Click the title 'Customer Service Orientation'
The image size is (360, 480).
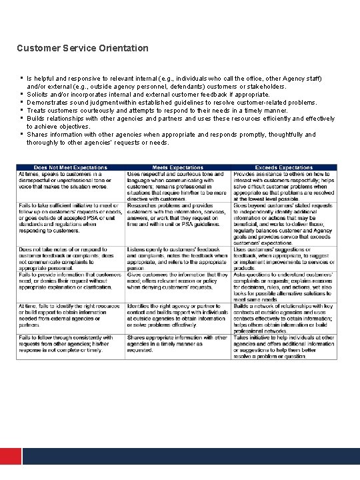[x=83, y=48]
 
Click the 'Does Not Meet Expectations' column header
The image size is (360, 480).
[x=70, y=167]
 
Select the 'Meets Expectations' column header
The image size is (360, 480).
[x=179, y=167]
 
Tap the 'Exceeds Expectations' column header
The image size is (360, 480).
[x=284, y=167]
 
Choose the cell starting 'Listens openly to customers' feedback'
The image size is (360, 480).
[x=179, y=256]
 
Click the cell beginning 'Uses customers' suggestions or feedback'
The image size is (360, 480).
[x=284, y=256]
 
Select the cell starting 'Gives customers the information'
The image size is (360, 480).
[x=179, y=280]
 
